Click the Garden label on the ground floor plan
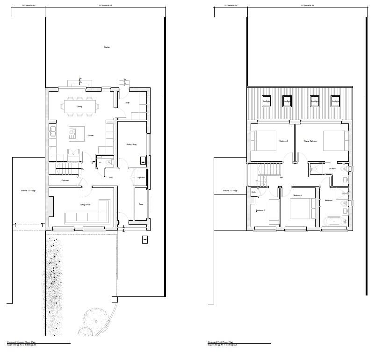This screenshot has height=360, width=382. coord(107,47)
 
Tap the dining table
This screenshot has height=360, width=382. coord(79,106)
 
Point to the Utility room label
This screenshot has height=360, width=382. coord(127,102)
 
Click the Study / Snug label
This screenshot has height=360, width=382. coord(132,144)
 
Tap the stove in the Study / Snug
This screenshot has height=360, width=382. coord(143,161)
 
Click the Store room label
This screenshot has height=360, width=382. coord(141,204)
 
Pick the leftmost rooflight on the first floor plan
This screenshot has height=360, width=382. coord(266,101)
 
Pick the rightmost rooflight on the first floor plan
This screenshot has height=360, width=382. coord(335,101)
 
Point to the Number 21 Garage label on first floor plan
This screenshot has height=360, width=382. coord(230,191)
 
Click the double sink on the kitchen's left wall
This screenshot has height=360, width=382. coord(52,131)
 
